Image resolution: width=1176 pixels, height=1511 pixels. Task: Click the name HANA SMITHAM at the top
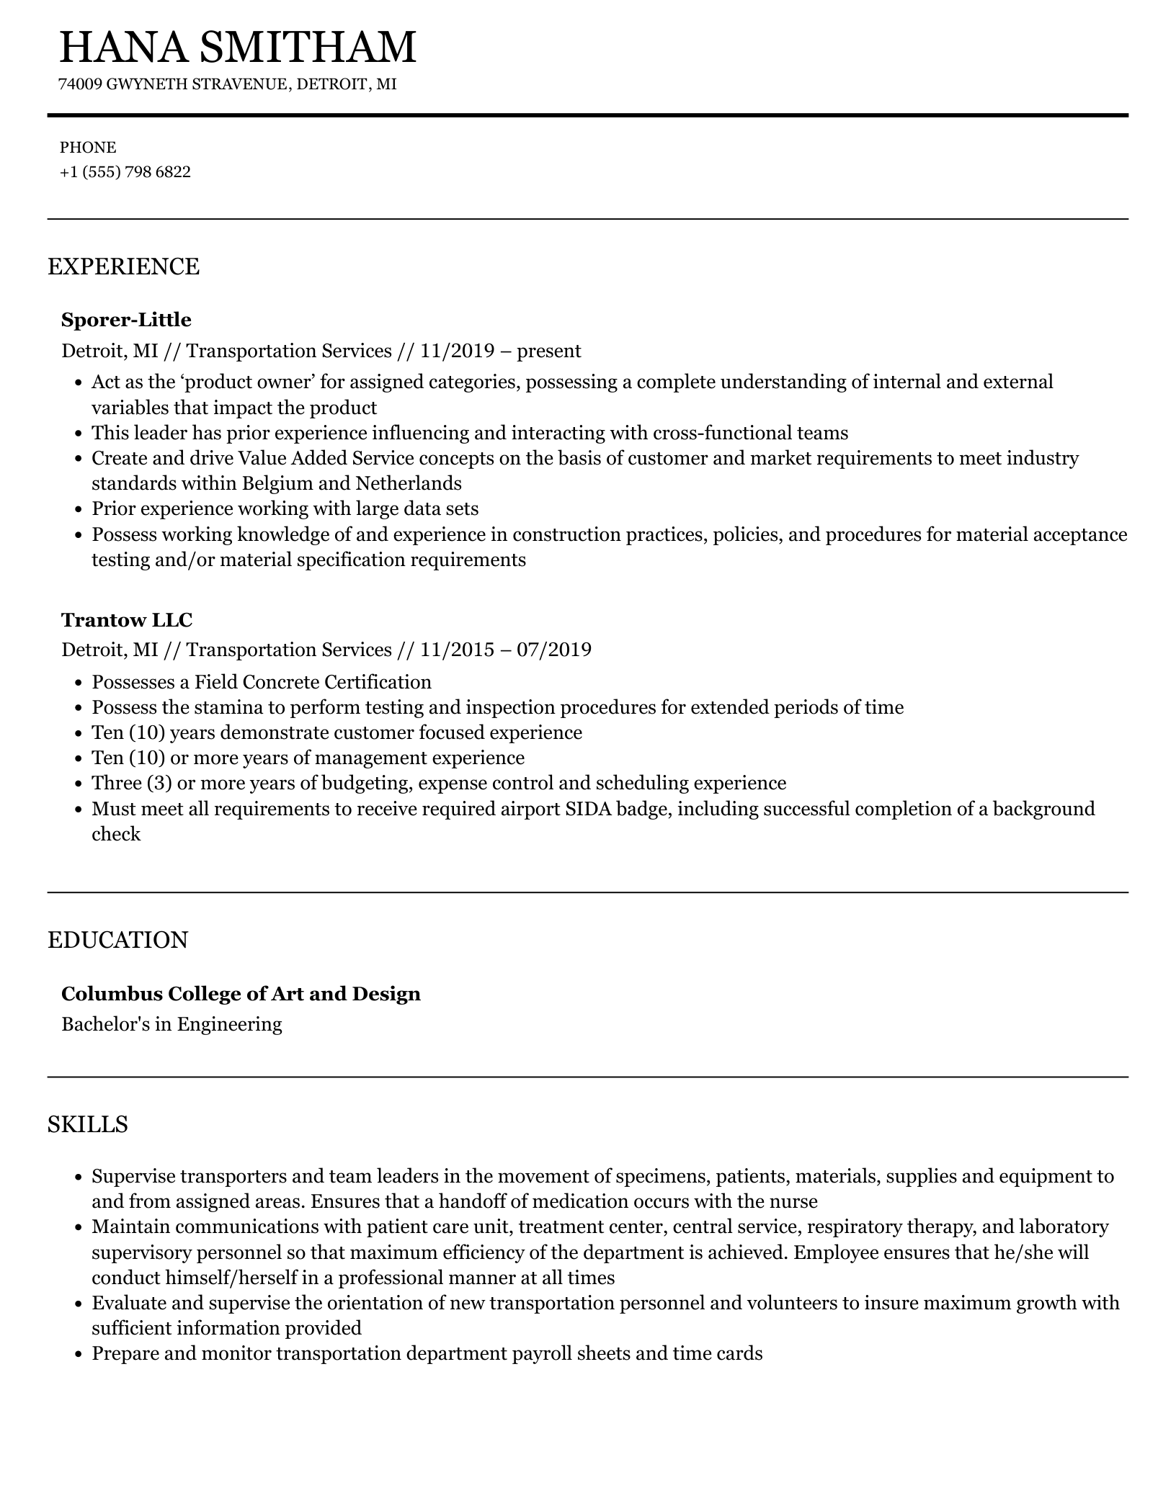pyautogui.click(x=237, y=47)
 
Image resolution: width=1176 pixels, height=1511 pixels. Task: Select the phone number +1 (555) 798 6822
pyautogui.click(x=125, y=172)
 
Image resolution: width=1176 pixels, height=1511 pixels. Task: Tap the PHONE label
pyautogui.click(x=87, y=148)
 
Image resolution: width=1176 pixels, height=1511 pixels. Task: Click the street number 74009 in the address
pyautogui.click(x=80, y=84)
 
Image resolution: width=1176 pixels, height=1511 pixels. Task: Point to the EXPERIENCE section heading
pyautogui.click(x=123, y=266)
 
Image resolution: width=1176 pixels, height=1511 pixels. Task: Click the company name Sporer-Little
pyautogui.click(x=126, y=320)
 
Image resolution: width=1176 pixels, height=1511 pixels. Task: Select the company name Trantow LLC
pyautogui.click(x=127, y=620)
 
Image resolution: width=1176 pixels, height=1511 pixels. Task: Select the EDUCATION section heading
pyautogui.click(x=117, y=940)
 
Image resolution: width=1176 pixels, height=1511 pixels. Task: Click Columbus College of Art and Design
pyautogui.click(x=241, y=994)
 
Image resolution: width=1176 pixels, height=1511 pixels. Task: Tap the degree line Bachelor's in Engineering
pyautogui.click(x=171, y=1024)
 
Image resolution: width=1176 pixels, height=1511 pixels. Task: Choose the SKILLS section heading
pyautogui.click(x=87, y=1124)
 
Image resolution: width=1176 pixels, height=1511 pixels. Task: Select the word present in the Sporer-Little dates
pyautogui.click(x=549, y=351)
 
